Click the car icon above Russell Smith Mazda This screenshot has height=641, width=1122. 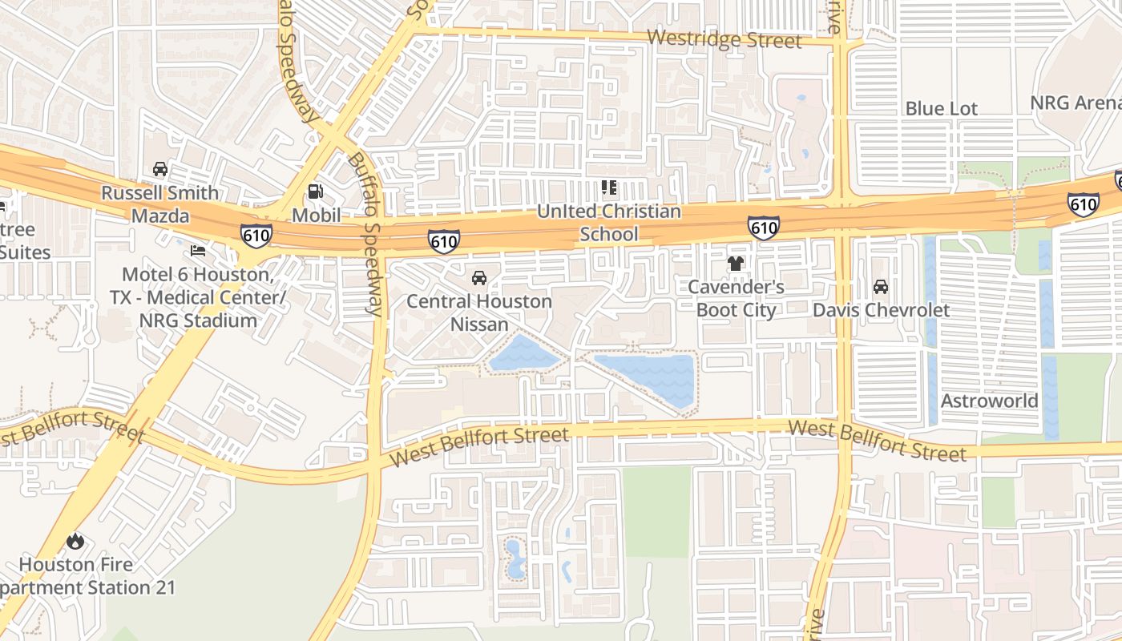(160, 169)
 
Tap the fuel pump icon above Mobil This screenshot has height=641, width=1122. (316, 191)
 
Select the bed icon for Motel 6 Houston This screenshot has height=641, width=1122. (198, 251)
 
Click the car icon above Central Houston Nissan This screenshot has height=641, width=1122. (479, 278)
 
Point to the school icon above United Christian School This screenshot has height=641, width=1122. (609, 188)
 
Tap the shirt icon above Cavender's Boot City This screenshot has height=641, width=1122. (735, 263)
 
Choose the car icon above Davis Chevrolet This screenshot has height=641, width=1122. (880, 287)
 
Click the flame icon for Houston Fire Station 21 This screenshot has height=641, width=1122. (75, 541)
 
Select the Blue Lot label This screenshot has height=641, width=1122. (941, 108)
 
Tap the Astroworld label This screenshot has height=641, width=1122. (989, 401)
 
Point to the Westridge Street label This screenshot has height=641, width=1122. (724, 38)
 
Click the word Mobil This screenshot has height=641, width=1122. (316, 215)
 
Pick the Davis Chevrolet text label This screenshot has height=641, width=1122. (881, 310)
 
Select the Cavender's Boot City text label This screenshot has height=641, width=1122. (736, 298)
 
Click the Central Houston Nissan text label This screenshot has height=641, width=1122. (479, 312)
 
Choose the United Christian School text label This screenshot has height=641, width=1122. (609, 223)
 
